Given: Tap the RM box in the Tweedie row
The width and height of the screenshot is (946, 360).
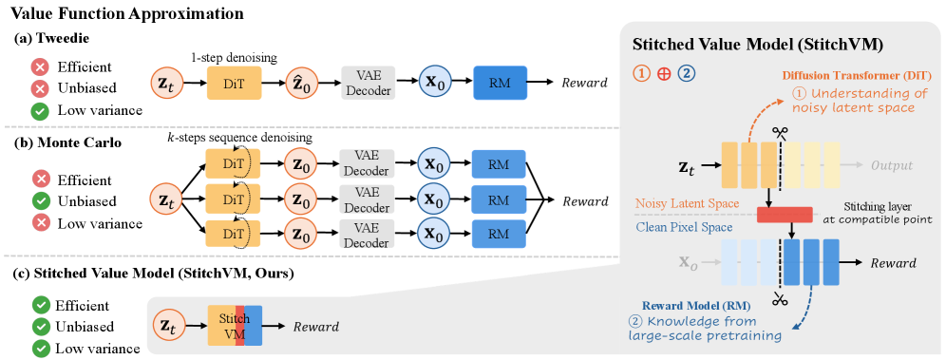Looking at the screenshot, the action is (500, 83).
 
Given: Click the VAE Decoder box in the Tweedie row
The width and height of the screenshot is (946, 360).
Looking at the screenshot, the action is (368, 83).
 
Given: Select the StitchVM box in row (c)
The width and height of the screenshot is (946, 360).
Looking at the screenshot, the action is (235, 326).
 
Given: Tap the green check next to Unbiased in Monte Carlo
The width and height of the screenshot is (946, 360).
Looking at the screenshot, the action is (42, 200).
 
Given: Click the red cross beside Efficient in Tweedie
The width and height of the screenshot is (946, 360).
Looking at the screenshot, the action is (42, 66).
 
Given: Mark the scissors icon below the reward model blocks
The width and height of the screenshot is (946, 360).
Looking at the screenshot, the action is (783, 298).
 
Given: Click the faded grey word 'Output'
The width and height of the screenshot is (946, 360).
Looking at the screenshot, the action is (891, 165).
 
